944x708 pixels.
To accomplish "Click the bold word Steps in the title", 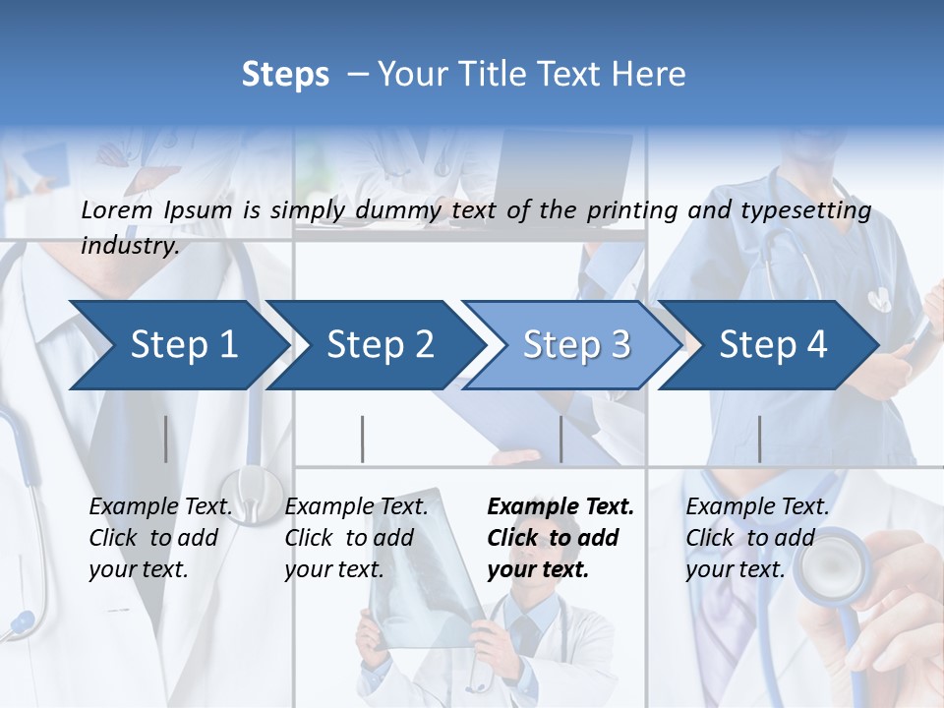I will point(285,75).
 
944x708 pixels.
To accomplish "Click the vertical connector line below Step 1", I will point(165,439).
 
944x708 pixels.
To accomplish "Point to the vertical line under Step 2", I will point(362,439).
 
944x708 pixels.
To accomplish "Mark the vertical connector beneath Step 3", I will point(560,439).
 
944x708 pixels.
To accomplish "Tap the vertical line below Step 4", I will point(759,439).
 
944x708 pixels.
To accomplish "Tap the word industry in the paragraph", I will point(129,246).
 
